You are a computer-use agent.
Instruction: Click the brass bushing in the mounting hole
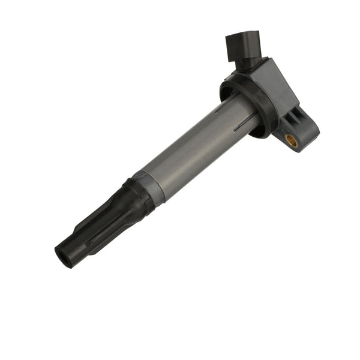coord(292,140)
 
